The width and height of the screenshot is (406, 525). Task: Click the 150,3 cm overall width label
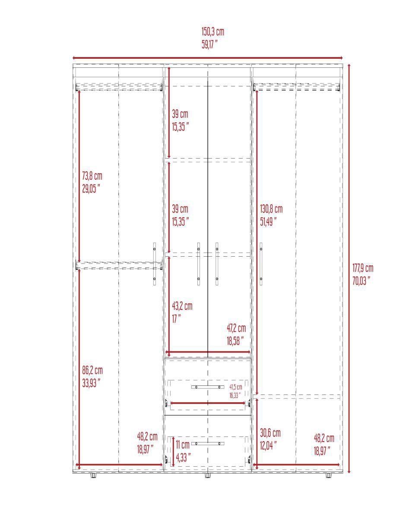tap(213, 32)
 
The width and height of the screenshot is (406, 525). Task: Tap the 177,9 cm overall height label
tap(362, 268)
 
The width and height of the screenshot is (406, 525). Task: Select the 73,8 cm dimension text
tap(92, 176)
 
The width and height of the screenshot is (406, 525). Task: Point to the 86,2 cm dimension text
tap(92, 370)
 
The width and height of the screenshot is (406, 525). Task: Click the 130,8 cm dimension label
tap(271, 209)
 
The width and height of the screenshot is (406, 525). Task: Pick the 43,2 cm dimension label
tap(182, 306)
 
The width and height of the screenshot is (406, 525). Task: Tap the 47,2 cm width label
tap(236, 328)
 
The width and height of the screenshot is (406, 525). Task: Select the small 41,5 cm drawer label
tap(235, 387)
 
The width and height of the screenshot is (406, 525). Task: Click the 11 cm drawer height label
tap(182, 445)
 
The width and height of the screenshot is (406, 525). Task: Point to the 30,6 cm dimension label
tap(270, 433)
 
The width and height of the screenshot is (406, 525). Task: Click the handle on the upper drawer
tap(208, 387)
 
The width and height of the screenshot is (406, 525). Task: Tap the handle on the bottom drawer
tap(208, 444)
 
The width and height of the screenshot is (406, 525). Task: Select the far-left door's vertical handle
tap(155, 264)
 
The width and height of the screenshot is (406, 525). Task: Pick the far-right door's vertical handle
tap(261, 264)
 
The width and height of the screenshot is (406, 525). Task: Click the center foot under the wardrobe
tap(207, 476)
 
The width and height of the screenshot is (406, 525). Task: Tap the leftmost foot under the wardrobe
tap(93, 476)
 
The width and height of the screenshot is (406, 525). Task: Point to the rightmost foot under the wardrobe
tap(328, 476)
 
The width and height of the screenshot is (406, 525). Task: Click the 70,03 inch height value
tap(362, 281)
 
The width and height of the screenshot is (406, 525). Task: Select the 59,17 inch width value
tap(209, 45)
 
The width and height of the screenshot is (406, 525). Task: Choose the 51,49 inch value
tap(268, 222)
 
